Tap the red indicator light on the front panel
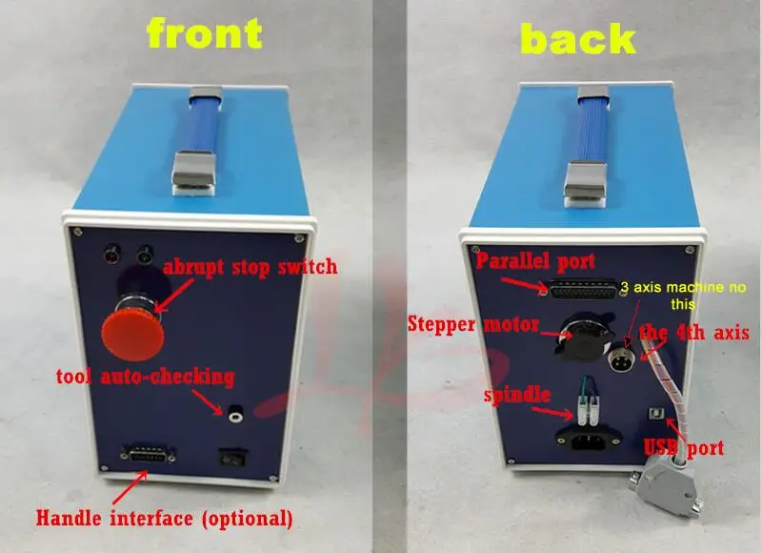tap(113, 254)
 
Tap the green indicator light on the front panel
tap(145, 254)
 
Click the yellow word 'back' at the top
tap(579, 38)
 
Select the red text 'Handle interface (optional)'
tap(164, 520)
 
